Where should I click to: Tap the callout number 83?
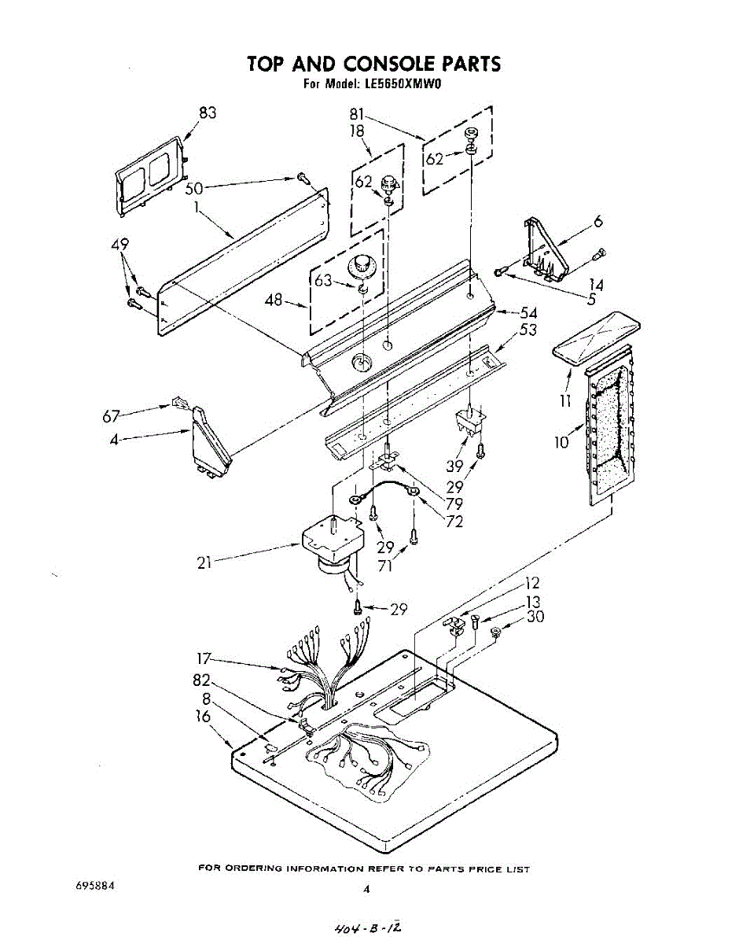(208, 112)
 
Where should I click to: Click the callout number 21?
(204, 562)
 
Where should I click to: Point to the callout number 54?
(528, 313)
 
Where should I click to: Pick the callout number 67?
(112, 416)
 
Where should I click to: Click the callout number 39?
(454, 466)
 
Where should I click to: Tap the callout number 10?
(561, 442)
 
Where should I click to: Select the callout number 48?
(274, 301)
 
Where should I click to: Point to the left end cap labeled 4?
(210, 442)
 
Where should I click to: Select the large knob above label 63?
(359, 266)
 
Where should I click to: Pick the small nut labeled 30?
(496, 632)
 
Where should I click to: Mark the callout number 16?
(203, 717)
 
